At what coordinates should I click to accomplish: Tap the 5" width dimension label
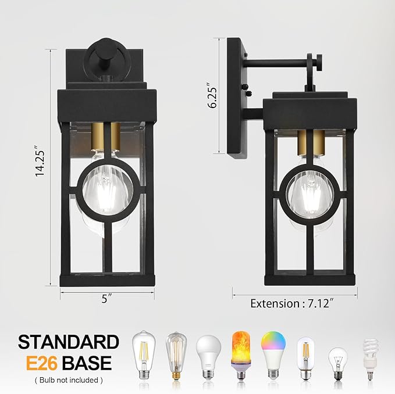click(x=106, y=300)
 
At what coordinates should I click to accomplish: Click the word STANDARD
click(x=69, y=342)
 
